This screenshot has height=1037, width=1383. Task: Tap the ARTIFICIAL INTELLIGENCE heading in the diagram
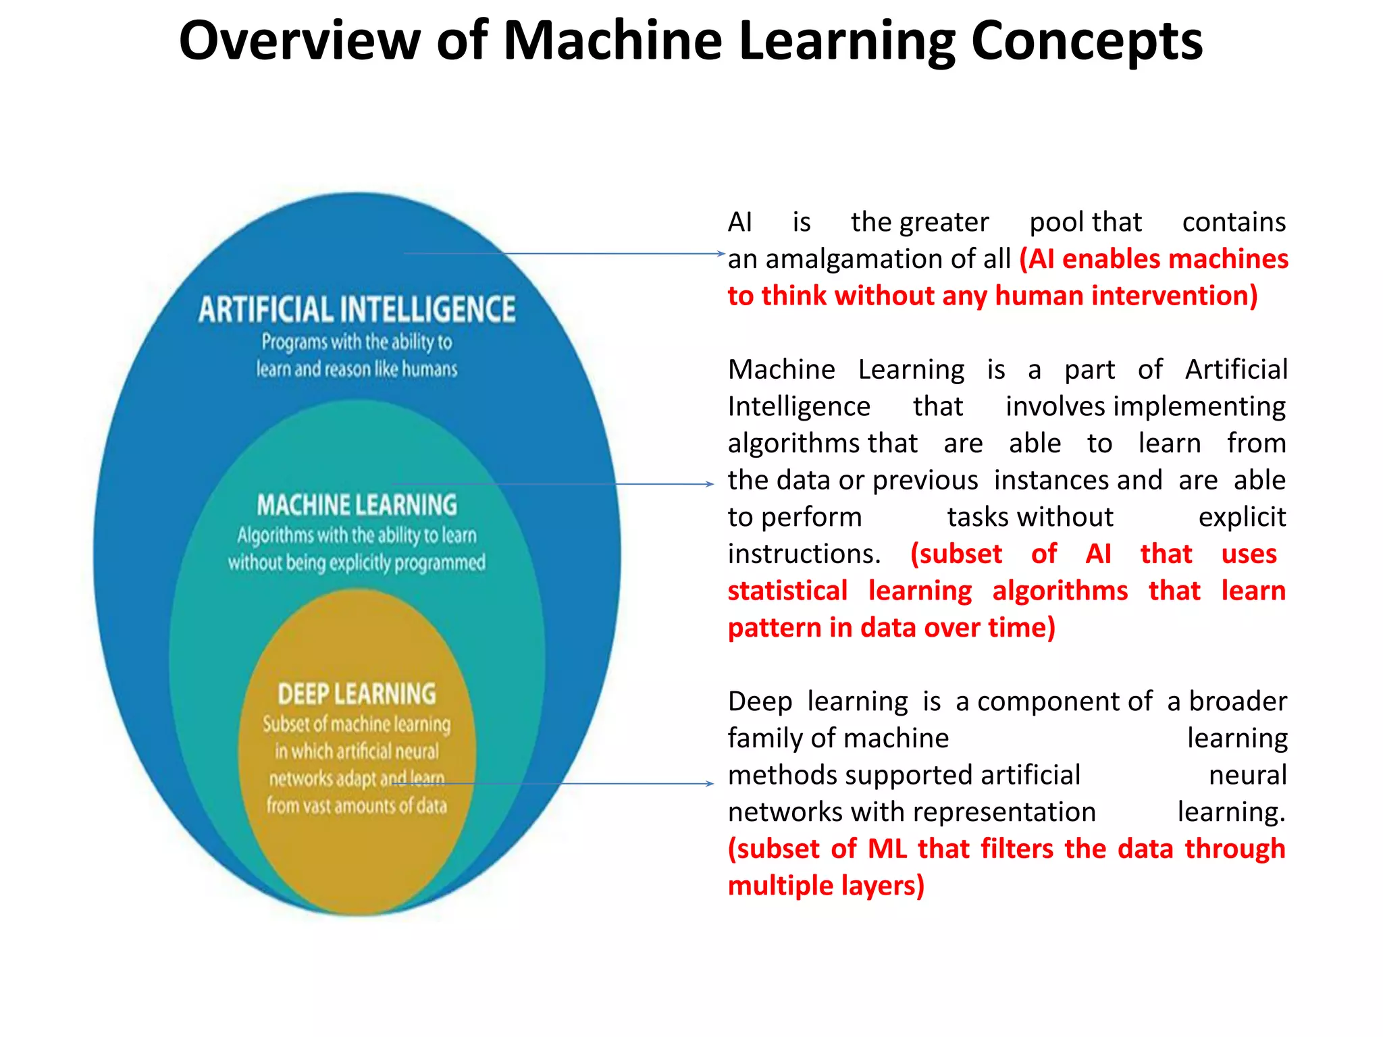pos(357,310)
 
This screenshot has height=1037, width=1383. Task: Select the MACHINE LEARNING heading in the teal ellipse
pos(357,505)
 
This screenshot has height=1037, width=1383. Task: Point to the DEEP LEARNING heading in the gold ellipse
pos(357,694)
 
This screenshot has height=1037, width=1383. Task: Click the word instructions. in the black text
pos(804,554)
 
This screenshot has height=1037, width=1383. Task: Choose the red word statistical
pos(787,591)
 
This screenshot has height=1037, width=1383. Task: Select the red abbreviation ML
pos(887,849)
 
